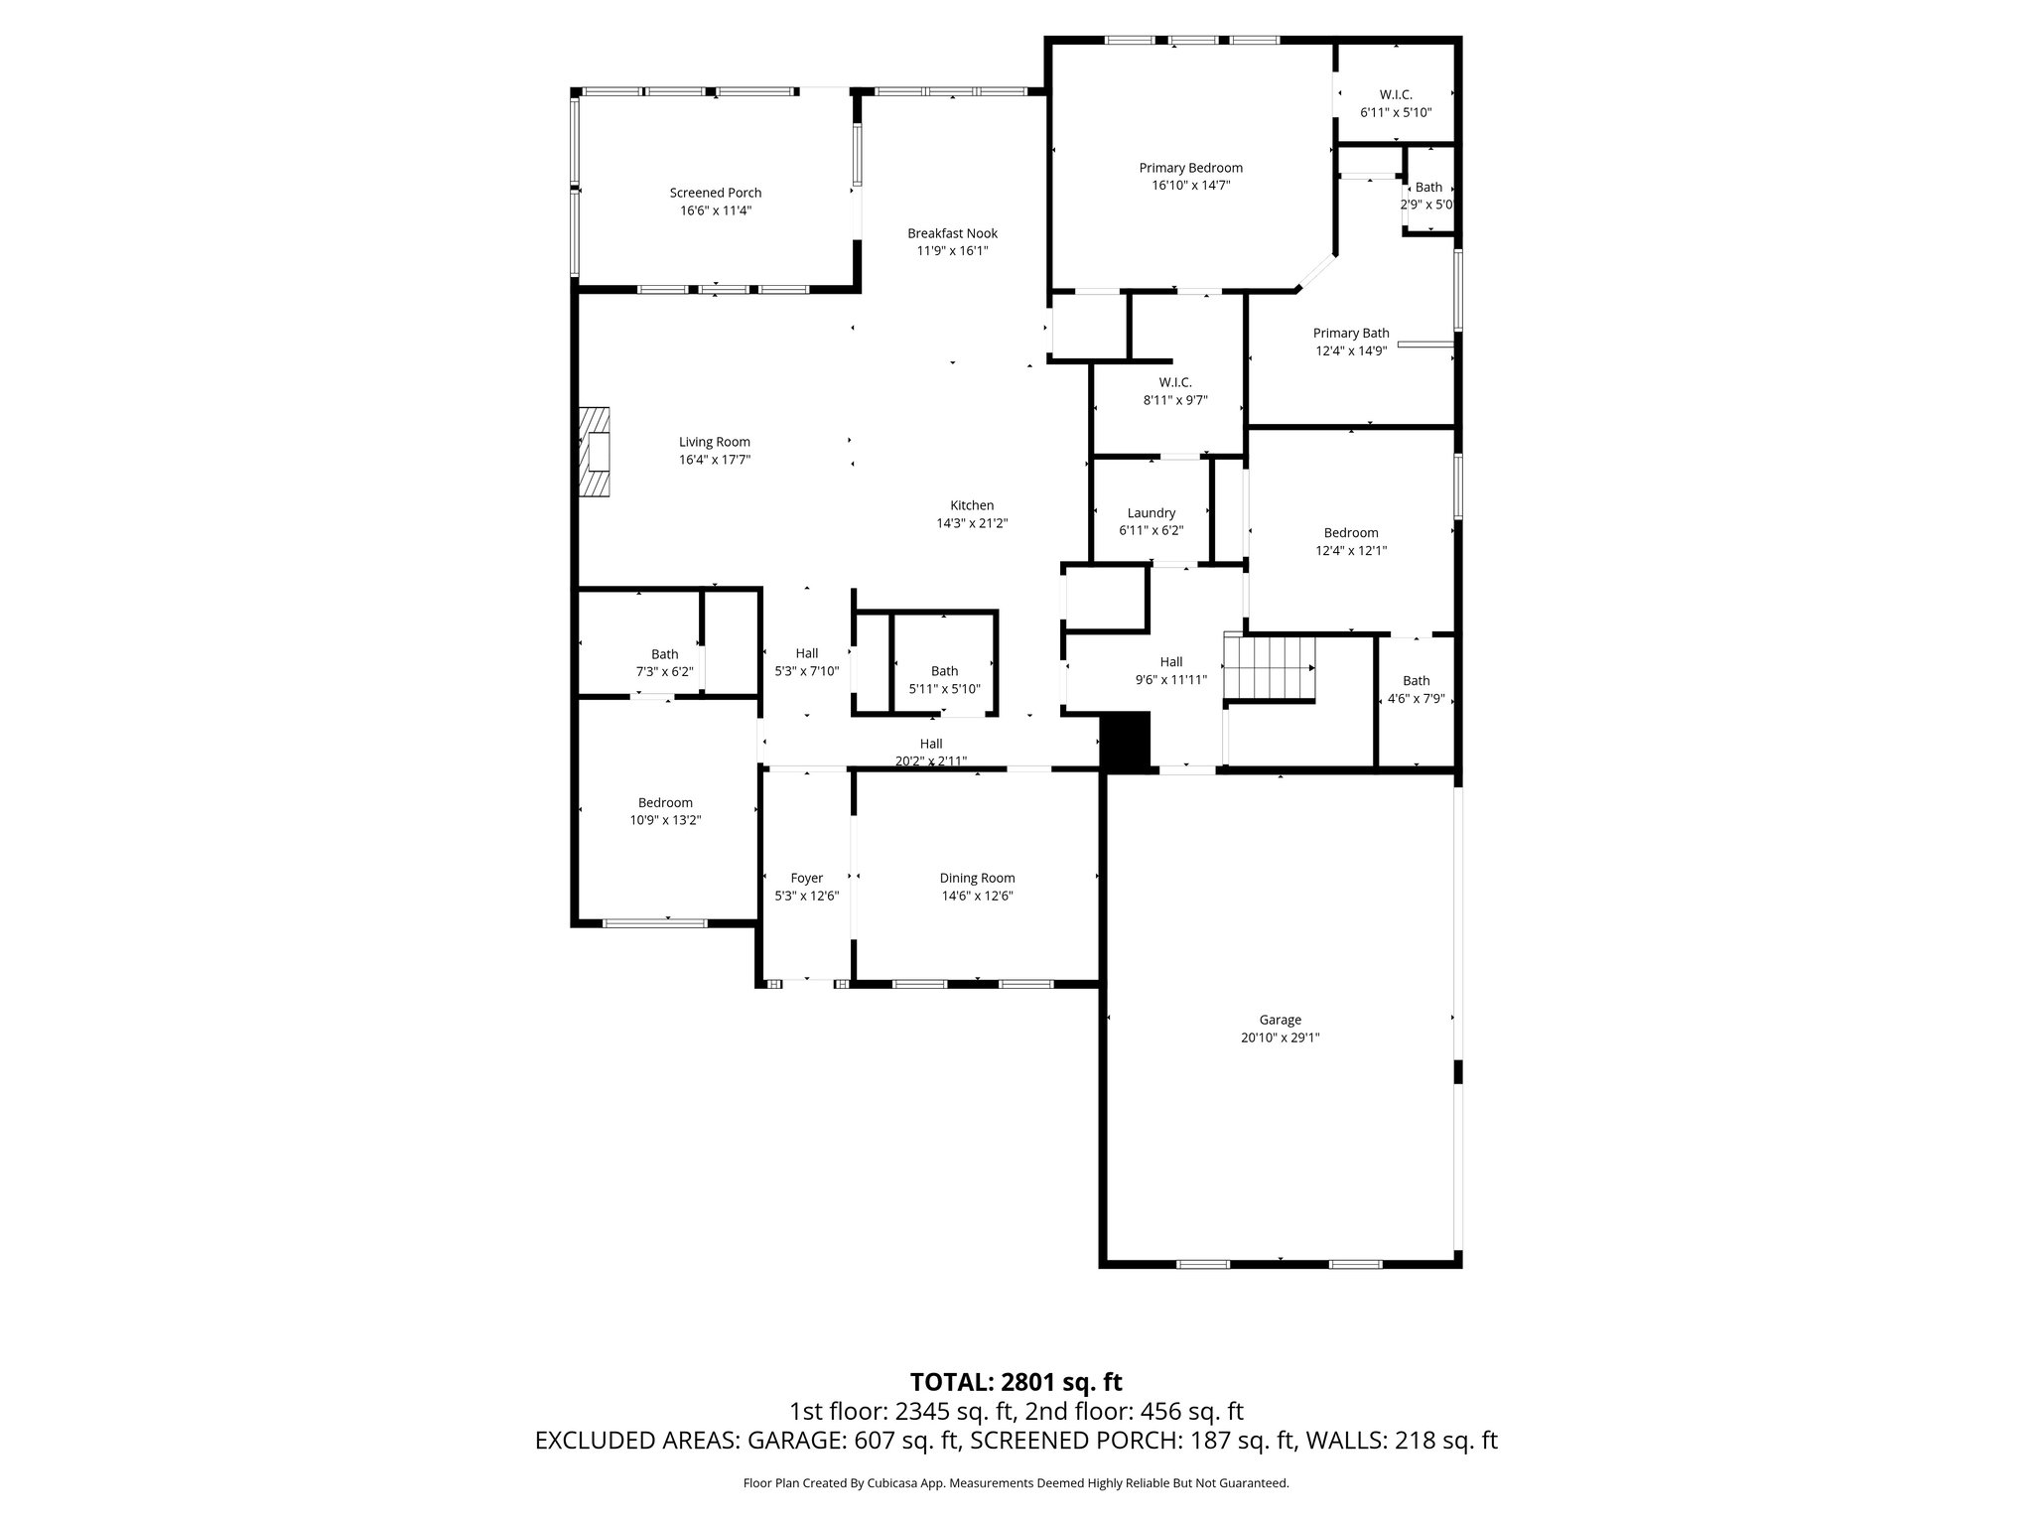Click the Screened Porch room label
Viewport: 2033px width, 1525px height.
tap(715, 193)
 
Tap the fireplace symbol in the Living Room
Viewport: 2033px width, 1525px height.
tap(595, 452)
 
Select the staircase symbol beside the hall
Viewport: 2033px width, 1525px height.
tap(1270, 668)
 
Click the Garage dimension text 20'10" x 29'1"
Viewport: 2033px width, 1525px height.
tap(1280, 1038)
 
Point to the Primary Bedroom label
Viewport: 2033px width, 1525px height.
tap(1190, 168)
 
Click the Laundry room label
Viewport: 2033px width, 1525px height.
tap(1151, 513)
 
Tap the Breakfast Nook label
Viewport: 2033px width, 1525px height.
tap(952, 233)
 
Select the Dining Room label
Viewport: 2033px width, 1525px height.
tap(977, 878)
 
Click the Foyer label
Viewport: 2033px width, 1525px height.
tap(806, 878)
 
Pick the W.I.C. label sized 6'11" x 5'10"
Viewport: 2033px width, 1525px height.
tap(1395, 95)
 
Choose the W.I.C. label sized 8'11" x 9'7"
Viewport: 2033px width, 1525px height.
tap(1174, 382)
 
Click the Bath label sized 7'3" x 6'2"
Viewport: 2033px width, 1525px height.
tap(664, 654)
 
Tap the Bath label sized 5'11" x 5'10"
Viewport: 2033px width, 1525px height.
tap(944, 671)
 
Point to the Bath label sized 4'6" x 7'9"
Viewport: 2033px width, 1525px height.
tap(1416, 681)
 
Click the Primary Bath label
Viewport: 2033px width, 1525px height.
tap(1350, 334)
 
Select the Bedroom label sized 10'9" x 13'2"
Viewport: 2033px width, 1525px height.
tap(665, 802)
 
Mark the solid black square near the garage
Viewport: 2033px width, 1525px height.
tap(1126, 740)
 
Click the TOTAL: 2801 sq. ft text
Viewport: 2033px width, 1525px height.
tap(1016, 1382)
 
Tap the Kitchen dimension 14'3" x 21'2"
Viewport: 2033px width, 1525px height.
tap(972, 523)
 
